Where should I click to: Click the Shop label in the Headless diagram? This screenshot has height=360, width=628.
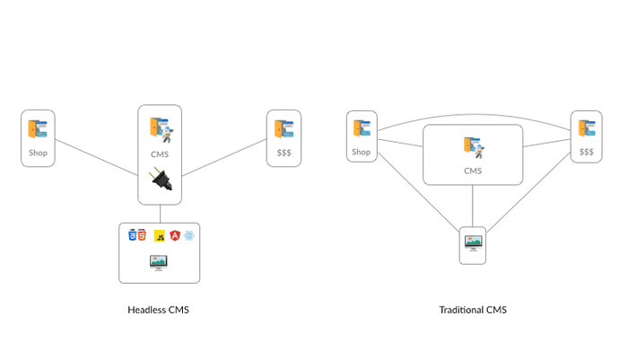(x=38, y=153)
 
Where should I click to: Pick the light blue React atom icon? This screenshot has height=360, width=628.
(x=189, y=236)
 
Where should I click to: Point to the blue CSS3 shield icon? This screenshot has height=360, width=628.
(x=133, y=236)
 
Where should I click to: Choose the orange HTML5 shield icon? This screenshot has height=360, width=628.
(x=142, y=236)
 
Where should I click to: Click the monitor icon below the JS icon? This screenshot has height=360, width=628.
(x=159, y=262)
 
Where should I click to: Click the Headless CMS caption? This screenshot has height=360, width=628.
(x=159, y=310)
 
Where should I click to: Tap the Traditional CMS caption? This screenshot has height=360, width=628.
(x=473, y=310)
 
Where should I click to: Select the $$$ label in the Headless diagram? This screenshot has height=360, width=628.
(x=283, y=153)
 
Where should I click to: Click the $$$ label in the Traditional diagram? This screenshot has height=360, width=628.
(x=586, y=152)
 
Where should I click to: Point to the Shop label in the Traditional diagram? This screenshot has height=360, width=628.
(x=362, y=152)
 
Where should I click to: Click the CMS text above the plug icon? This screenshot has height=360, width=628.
(x=160, y=153)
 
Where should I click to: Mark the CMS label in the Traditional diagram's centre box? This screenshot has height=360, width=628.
(x=473, y=171)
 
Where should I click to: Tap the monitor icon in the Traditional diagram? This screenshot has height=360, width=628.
(x=473, y=241)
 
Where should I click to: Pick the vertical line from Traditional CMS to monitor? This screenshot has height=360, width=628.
(x=473, y=206)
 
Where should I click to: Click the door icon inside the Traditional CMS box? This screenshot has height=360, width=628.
(x=472, y=146)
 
